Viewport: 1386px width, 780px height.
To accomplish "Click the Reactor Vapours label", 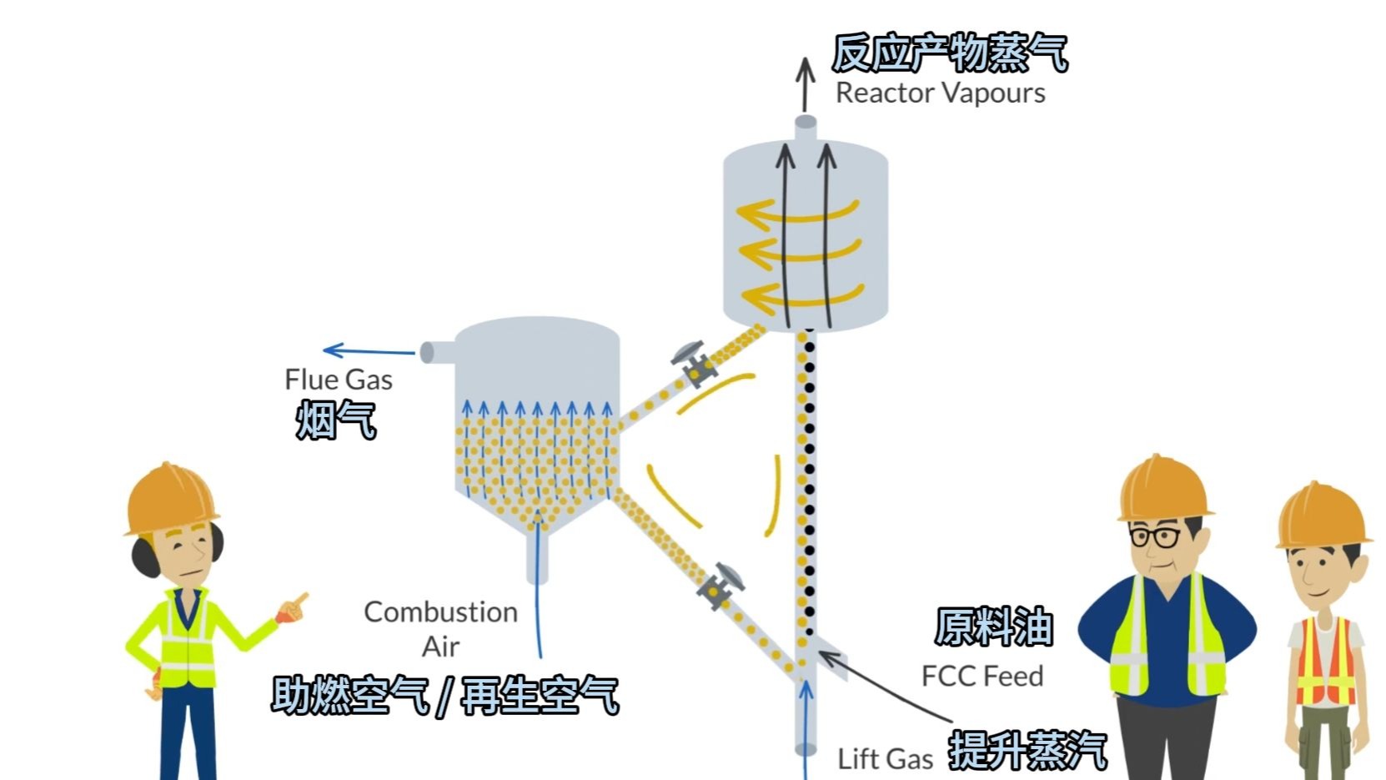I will [940, 93].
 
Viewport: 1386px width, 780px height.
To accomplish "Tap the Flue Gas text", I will [338, 380].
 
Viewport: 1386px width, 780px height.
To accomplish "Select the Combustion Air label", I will [440, 628].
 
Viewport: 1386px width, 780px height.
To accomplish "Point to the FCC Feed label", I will [982, 676].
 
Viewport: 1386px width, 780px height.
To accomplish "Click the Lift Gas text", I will [885, 759].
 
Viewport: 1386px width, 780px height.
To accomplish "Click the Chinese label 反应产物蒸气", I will [950, 53].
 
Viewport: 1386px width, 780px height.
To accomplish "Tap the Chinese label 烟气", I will [336, 419].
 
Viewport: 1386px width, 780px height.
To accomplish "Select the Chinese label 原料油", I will [993, 627].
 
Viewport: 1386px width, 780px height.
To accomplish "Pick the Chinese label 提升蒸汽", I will [1027, 750].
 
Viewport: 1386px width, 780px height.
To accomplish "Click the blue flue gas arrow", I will [368, 351].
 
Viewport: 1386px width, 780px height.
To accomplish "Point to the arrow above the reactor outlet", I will [805, 84].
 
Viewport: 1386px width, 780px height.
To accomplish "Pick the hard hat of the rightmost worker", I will [1322, 516].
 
